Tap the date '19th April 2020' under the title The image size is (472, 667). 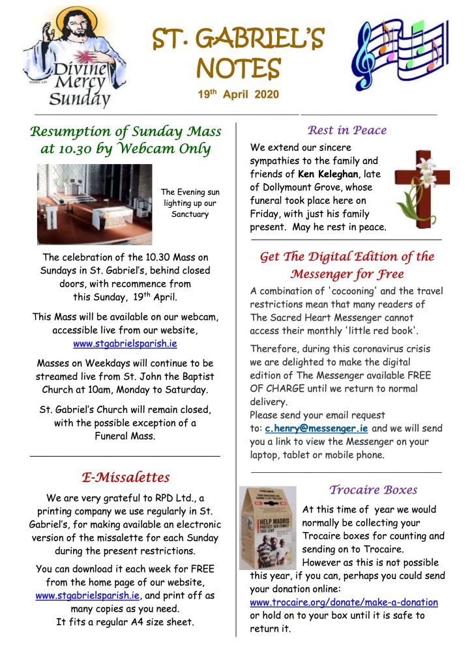tap(239, 94)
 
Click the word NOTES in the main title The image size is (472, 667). tap(239, 67)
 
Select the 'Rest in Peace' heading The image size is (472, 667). tap(347, 130)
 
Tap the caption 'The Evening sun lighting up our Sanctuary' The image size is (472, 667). tap(190, 203)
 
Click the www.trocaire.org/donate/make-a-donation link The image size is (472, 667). tap(344, 603)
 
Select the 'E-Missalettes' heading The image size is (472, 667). tap(126, 477)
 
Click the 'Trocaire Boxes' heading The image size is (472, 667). tap(373, 490)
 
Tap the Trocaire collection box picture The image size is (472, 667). tap(267, 528)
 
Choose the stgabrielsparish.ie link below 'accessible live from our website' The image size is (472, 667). tap(125, 343)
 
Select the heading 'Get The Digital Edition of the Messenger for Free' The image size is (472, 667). tap(347, 265)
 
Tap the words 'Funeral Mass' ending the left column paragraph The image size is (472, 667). tap(125, 436)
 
